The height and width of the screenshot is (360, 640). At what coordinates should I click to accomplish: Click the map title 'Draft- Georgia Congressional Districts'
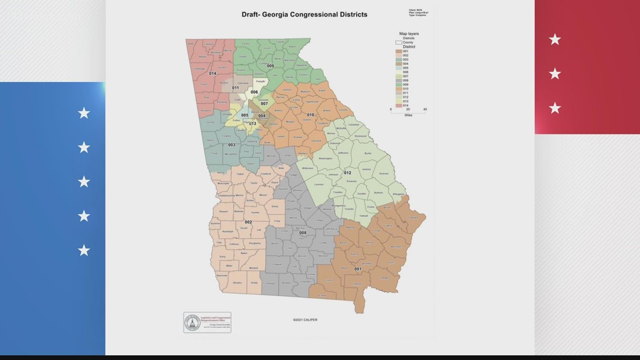click(304, 15)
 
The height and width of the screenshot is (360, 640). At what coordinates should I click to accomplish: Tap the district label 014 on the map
click(212, 74)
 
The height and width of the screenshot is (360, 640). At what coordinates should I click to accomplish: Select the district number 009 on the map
click(270, 66)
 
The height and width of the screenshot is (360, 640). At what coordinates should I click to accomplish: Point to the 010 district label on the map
click(310, 115)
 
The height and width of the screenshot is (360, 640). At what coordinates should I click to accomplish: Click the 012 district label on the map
click(348, 173)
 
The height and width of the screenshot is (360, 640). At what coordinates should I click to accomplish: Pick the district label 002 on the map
click(248, 222)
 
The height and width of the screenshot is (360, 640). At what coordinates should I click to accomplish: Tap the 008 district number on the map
click(303, 233)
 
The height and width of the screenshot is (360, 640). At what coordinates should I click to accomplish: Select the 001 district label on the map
click(358, 269)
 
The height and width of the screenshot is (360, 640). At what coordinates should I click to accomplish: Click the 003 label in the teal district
click(231, 145)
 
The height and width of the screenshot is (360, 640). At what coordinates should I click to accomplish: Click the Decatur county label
click(237, 282)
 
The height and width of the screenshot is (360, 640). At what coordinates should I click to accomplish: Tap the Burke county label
click(368, 153)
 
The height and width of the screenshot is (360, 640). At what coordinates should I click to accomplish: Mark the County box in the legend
click(399, 42)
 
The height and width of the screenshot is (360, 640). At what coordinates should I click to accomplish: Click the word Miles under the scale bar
click(408, 115)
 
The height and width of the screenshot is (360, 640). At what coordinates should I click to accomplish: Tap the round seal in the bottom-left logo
click(193, 322)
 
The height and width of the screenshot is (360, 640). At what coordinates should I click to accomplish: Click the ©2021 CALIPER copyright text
click(305, 320)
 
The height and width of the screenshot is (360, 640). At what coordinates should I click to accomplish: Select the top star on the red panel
click(555, 39)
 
